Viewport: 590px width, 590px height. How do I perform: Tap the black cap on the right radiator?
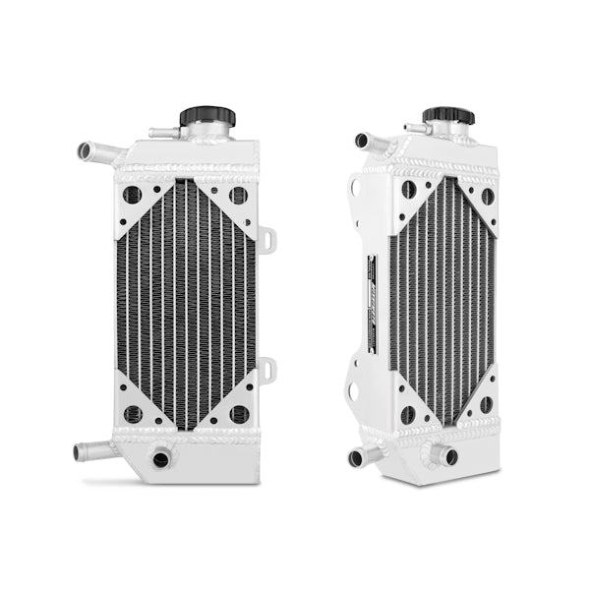click(x=448, y=116)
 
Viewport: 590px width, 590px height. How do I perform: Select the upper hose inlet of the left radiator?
click(x=89, y=151)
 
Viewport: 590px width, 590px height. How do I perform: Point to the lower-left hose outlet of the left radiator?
click(x=87, y=452)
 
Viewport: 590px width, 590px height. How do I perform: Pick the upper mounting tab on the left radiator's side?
click(x=267, y=239)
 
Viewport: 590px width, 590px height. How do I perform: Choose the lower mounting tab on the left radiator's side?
click(x=267, y=369)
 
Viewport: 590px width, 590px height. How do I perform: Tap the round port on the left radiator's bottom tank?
click(x=161, y=457)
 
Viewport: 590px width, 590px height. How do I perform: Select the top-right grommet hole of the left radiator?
click(x=237, y=195)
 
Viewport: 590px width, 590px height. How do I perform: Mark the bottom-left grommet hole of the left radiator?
click(x=133, y=414)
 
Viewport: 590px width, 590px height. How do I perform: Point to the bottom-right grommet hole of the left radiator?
click(x=238, y=413)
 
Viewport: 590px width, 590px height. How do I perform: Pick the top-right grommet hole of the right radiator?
click(x=486, y=196)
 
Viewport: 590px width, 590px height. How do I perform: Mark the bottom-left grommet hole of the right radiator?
click(x=407, y=414)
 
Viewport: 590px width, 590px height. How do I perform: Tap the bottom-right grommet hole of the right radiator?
click(x=485, y=403)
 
